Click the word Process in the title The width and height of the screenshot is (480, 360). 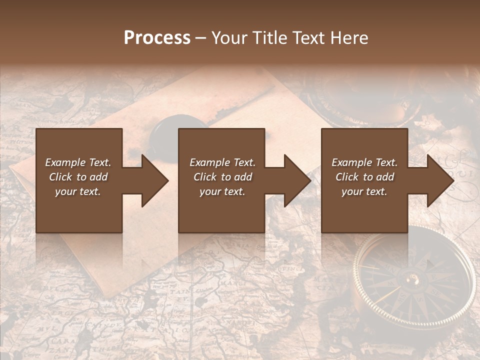point(157,37)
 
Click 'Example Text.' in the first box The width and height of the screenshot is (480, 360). point(78,162)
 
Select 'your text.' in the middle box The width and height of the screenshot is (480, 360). point(222,191)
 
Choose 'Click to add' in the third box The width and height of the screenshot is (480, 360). point(365,177)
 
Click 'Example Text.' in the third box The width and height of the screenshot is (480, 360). point(364,162)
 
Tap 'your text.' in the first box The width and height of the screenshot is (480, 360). point(78,191)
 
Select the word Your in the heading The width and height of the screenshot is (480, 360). point(227,37)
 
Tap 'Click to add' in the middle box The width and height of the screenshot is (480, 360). point(222,177)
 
